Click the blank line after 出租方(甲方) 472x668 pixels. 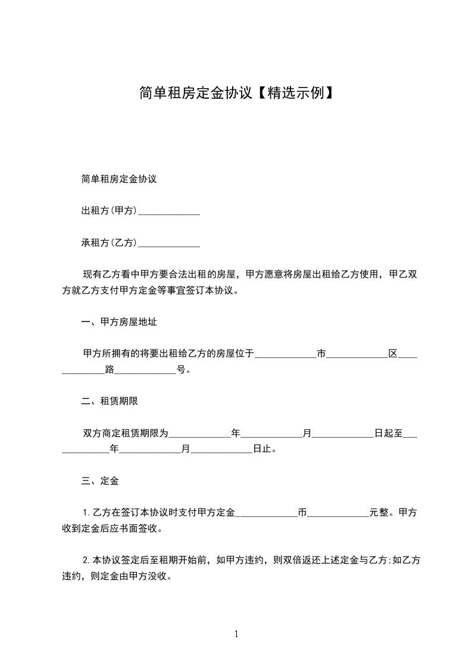pyautogui.click(x=168, y=211)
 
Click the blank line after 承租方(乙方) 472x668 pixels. pyautogui.click(x=168, y=244)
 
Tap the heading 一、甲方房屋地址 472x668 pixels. pyautogui.click(x=119, y=322)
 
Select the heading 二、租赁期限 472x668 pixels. pyautogui.click(x=110, y=401)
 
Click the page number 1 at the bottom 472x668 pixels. pyautogui.click(x=236, y=634)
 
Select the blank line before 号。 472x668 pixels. pyautogui.click(x=145, y=370)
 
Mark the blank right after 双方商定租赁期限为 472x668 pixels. pyautogui.click(x=200, y=433)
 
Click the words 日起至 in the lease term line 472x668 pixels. pyautogui.click(x=388, y=433)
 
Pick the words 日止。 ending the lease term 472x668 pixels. pyautogui.click(x=265, y=450)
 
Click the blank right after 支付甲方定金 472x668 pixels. pyautogui.click(x=267, y=513)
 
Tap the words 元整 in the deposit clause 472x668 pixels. pyautogui.click(x=379, y=513)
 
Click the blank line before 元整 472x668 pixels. pyautogui.click(x=338, y=513)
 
